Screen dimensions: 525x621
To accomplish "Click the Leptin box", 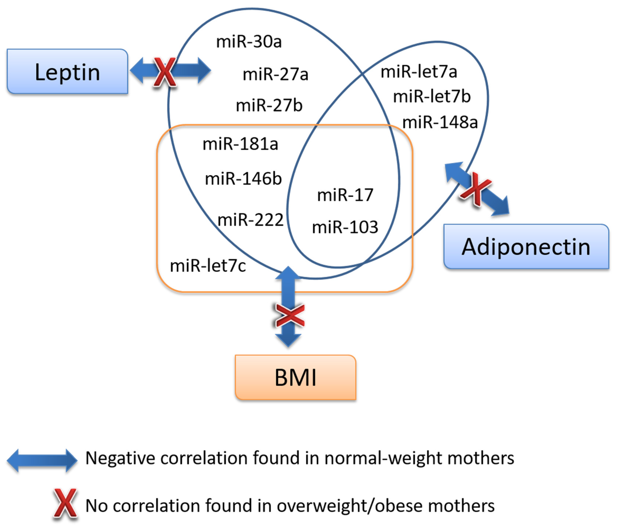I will click(x=67, y=72).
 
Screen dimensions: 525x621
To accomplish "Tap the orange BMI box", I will click(x=295, y=377).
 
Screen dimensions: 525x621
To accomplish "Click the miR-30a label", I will click(x=249, y=42).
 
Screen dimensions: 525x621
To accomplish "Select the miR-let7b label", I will click(x=432, y=97).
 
